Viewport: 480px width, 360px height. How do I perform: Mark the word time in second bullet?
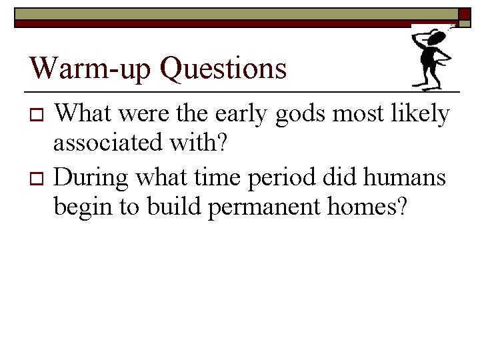213,178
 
